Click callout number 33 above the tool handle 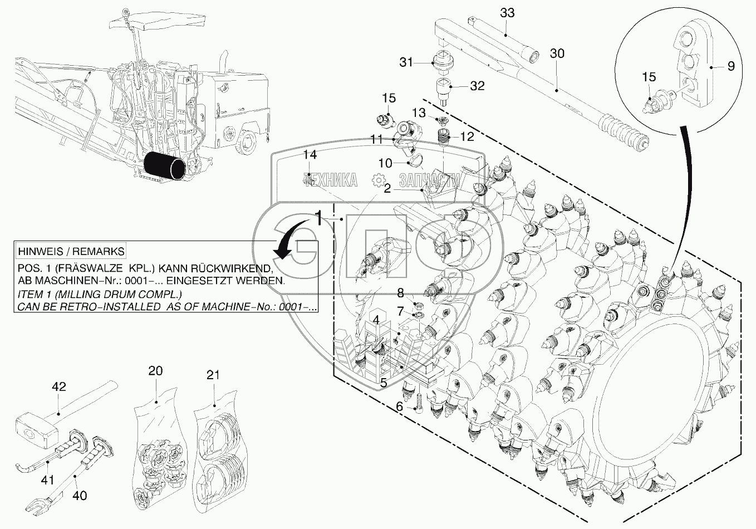pos(507,13)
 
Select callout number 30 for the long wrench pos(557,53)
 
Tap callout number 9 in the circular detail pos(730,66)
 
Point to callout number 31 pos(406,62)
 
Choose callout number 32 pos(477,86)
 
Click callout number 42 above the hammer pos(59,385)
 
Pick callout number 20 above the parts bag pos(155,371)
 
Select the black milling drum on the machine pos(165,166)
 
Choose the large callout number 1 pos(319,217)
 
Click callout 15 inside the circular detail pos(649,77)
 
